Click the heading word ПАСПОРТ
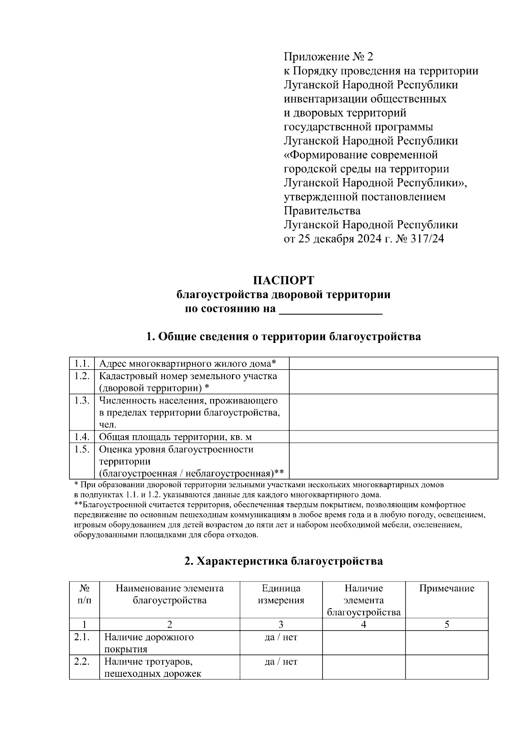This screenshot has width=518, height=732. coord(284,280)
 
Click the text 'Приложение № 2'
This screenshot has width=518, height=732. coord(328,57)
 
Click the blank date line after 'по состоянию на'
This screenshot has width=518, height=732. coord(331,310)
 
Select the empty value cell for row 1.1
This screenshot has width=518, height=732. coord(393,364)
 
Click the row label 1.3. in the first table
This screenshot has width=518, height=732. coord(81,400)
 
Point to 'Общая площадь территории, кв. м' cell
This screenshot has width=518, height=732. coord(176,437)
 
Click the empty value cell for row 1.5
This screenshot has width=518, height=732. coord(393,461)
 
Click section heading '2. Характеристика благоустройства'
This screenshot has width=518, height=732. coord(284,561)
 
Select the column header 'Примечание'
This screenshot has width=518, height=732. coord(447,588)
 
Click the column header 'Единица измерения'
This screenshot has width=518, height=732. coord(281,594)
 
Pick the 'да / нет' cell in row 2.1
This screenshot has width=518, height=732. coord(281,637)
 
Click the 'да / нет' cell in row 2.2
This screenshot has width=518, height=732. coord(281,662)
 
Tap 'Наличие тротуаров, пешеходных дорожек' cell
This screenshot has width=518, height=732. coord(153,667)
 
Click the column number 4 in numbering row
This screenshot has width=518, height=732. coord(364,625)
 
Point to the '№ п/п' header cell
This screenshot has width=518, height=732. coord(85,594)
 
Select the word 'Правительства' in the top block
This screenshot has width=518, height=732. coord(322,211)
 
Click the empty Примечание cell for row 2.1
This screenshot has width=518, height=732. coord(447,643)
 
